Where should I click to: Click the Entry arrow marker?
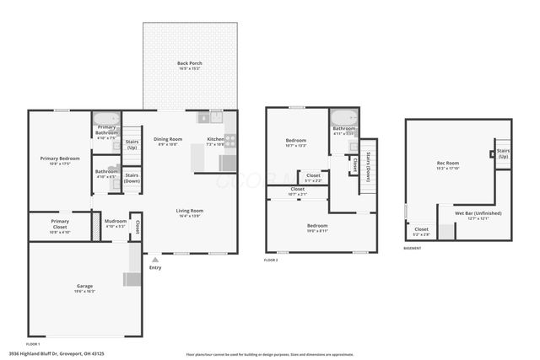155,260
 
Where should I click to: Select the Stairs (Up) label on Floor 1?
132,143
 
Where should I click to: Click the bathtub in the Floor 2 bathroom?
343,118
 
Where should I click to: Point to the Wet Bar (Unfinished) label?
478,213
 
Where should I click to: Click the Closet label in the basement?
422,229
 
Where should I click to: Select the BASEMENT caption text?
413,249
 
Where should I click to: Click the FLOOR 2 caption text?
271,261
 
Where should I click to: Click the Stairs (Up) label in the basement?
503,153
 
